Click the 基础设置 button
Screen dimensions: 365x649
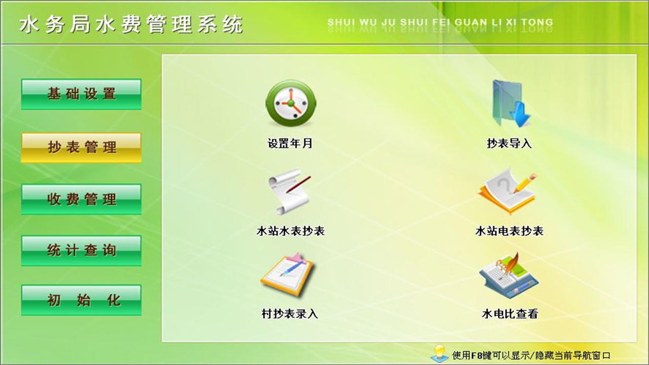[x=81, y=94]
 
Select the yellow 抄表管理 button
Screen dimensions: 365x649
[x=81, y=148]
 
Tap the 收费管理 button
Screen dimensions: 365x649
[x=81, y=199]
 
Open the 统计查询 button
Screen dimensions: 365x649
[x=81, y=250]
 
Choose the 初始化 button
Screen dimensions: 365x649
[x=81, y=300]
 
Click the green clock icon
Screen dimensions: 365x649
[x=291, y=103]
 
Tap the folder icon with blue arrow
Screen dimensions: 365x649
[x=510, y=104]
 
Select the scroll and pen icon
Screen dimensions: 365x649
[x=290, y=192]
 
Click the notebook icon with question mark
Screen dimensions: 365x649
[x=507, y=192]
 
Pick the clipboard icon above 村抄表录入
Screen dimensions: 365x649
[x=288, y=275]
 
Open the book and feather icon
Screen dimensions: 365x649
[x=509, y=275]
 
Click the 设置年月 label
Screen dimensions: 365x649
[x=290, y=143]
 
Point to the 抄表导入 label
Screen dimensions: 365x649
[x=509, y=143]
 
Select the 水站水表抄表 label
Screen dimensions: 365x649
[x=291, y=231]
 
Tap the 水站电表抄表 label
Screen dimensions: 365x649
[x=509, y=231]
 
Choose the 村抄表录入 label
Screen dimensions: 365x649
[x=290, y=314]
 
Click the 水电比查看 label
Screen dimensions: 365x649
[x=510, y=314]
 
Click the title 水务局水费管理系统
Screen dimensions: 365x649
[x=131, y=24]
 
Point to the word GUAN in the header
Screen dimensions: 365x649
[x=471, y=22]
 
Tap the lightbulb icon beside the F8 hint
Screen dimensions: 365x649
[x=439, y=353]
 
